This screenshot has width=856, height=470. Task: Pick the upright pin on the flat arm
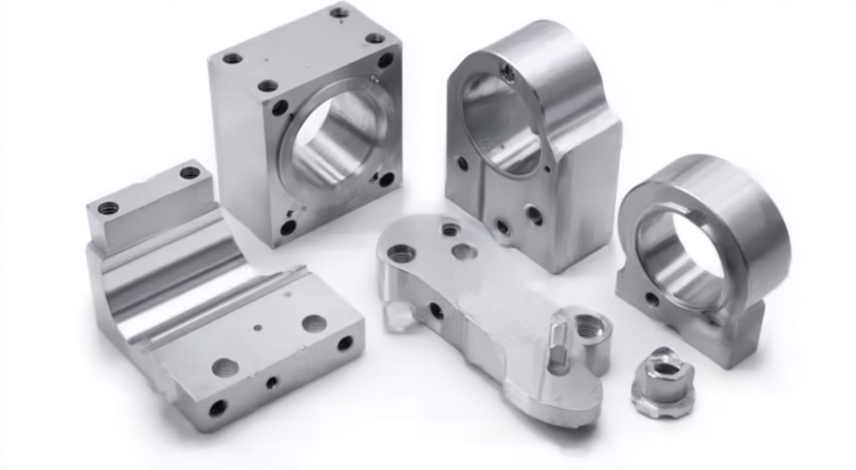(558, 346)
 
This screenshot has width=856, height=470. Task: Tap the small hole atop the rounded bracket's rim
(507, 69)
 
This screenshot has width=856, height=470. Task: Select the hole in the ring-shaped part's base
(651, 299)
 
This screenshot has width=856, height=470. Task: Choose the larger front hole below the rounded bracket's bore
(534, 216)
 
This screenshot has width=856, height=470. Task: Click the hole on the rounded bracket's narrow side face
(462, 163)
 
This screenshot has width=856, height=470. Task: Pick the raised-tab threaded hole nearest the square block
(190, 173)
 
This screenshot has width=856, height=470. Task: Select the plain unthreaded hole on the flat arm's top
(464, 251)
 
